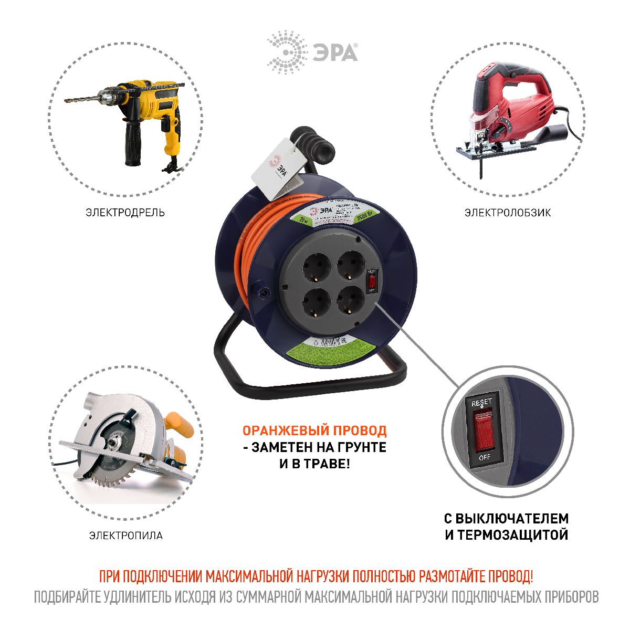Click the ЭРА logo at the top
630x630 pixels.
click(313, 52)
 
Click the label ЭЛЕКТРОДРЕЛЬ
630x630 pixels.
click(125, 213)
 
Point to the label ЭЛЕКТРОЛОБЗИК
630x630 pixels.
click(507, 213)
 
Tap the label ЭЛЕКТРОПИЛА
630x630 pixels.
click(125, 535)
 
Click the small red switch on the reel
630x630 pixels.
click(372, 280)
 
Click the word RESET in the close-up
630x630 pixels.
click(481, 403)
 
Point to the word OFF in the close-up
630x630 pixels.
click(484, 457)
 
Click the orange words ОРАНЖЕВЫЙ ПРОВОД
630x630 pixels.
click(314, 430)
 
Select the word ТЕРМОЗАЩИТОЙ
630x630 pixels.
click(513, 535)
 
